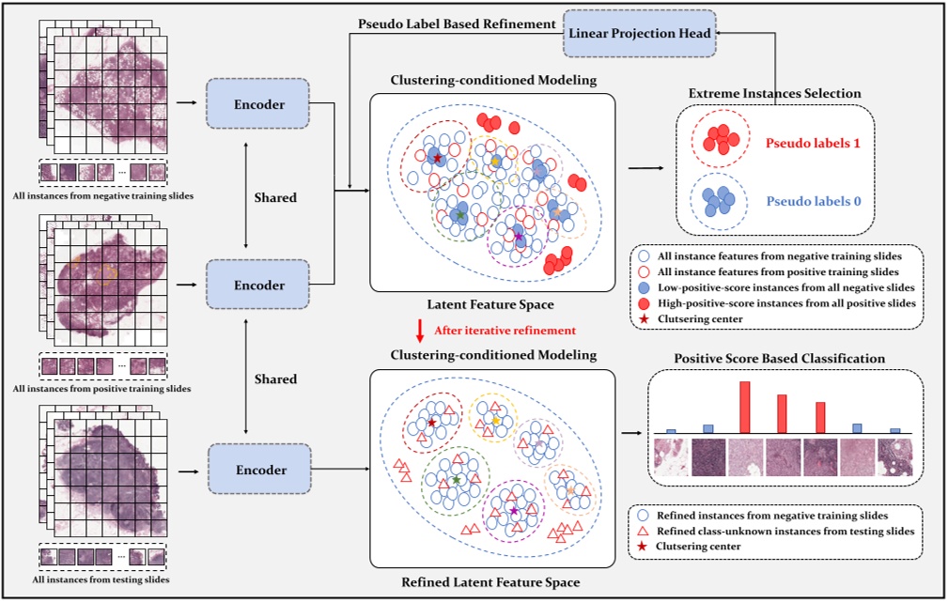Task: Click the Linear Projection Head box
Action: [x=638, y=31]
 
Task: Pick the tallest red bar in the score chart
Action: [x=744, y=407]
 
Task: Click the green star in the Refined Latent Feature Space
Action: [x=456, y=480]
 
